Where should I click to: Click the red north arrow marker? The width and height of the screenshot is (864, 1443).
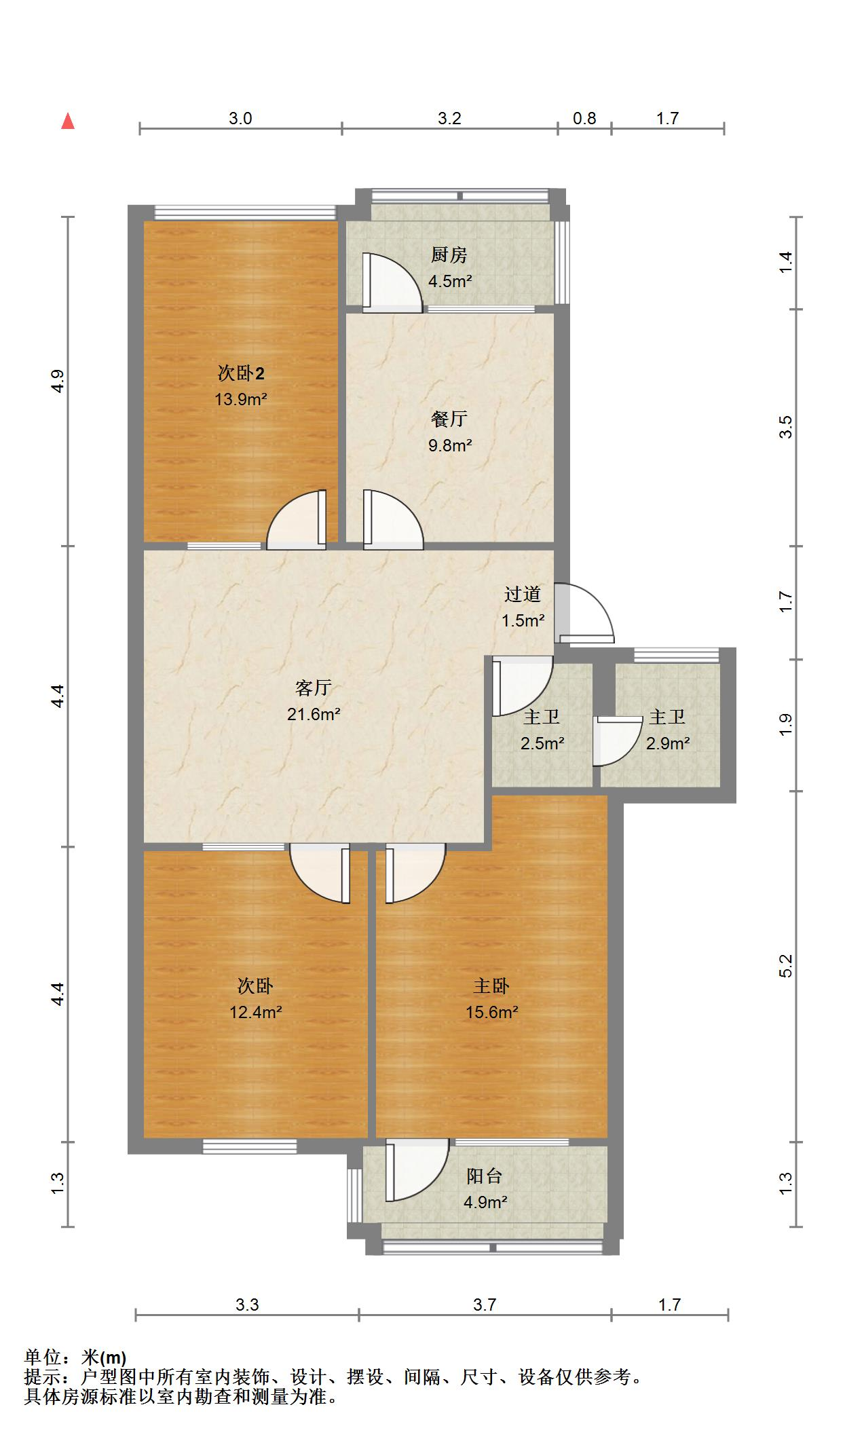(68, 121)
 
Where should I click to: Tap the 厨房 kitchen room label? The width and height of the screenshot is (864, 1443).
(449, 255)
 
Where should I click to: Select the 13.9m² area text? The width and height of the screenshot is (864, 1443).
(241, 399)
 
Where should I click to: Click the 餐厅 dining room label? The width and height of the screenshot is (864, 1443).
(449, 419)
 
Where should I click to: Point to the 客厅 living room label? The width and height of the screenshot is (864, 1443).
(314, 688)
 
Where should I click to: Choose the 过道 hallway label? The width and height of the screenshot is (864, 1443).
(523, 594)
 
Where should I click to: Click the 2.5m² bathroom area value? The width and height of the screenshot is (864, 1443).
(543, 743)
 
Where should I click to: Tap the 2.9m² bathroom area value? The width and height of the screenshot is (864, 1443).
(668, 743)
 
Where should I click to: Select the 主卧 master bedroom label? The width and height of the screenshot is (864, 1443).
(491, 986)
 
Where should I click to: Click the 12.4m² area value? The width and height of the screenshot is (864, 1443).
(256, 1012)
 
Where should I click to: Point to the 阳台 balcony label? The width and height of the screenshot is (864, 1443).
(485, 1176)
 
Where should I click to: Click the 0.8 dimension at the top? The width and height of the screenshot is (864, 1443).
(584, 119)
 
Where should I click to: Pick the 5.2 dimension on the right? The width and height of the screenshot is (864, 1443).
(786, 965)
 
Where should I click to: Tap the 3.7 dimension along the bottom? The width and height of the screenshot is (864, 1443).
(485, 1305)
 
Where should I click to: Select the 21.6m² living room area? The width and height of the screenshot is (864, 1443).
(314, 714)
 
